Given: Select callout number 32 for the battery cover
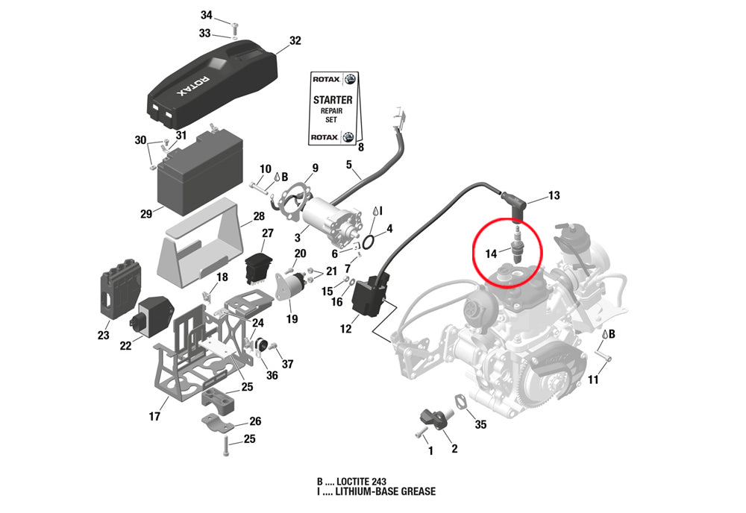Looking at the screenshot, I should [x=295, y=41].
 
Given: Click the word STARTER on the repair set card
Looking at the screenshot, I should [x=332, y=99].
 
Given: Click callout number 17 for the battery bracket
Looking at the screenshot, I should [x=154, y=416].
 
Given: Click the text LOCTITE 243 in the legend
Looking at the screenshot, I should [x=360, y=481].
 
